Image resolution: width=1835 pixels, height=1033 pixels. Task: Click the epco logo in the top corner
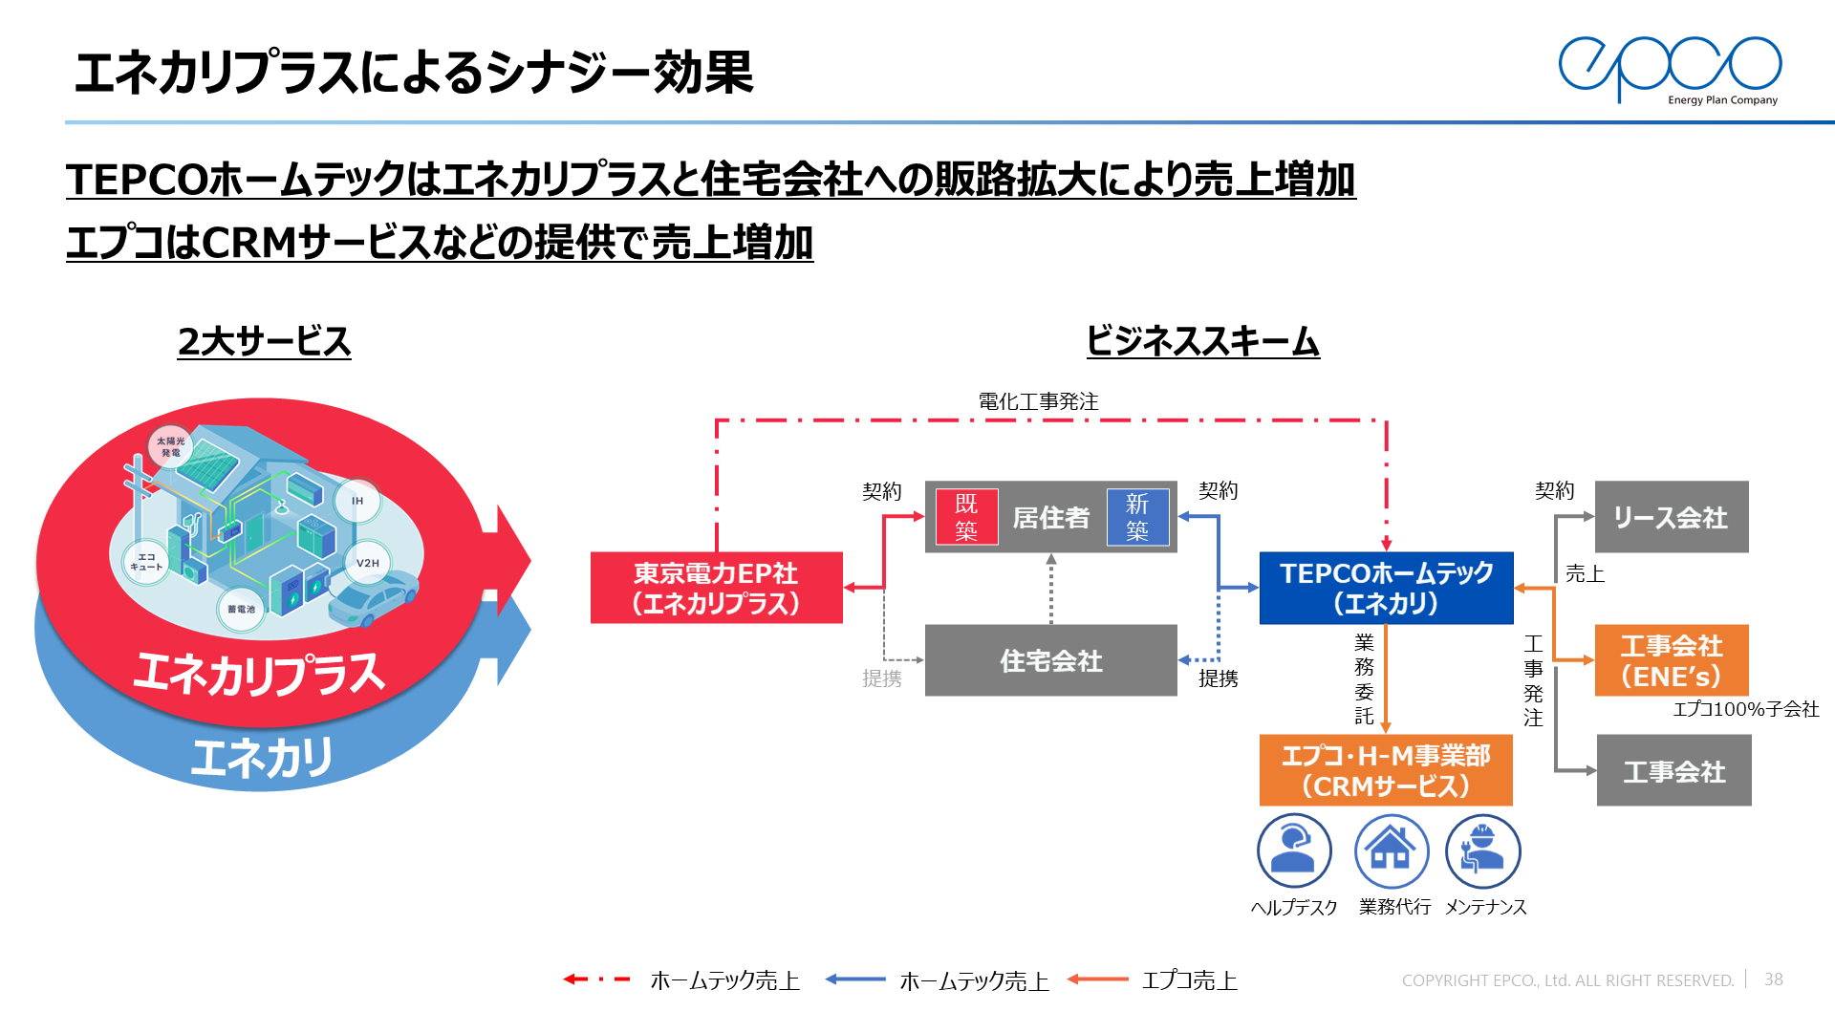[x=1670, y=69]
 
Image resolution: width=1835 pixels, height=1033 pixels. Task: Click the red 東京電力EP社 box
[x=716, y=588]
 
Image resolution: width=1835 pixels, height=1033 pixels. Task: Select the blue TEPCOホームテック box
[x=1386, y=588]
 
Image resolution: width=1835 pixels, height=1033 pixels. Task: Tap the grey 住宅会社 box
[x=1050, y=660]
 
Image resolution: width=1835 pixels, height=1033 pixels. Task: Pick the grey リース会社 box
[x=1671, y=517]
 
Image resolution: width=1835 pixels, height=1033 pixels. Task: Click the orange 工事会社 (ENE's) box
[x=1671, y=660]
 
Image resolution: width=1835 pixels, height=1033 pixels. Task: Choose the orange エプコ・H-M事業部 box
[x=1385, y=770]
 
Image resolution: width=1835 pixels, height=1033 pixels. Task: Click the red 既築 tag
[x=966, y=517]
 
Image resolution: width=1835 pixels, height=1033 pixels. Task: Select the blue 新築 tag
[x=1137, y=517]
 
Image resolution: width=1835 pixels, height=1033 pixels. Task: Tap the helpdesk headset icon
[x=1294, y=850]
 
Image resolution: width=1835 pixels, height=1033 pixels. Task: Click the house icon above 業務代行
[x=1392, y=850]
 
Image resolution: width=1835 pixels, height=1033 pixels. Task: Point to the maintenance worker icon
[x=1482, y=850]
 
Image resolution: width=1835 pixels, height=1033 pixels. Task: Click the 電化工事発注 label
[x=1038, y=401]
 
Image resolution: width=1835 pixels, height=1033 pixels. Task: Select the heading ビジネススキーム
[x=1202, y=341]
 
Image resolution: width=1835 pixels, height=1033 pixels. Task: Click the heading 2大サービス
[x=265, y=341]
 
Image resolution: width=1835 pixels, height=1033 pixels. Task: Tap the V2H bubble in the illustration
[x=368, y=563]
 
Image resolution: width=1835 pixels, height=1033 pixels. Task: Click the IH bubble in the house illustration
[x=357, y=501]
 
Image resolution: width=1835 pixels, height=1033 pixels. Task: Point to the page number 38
[x=1773, y=979]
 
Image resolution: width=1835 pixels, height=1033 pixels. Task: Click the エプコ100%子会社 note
[x=1745, y=709]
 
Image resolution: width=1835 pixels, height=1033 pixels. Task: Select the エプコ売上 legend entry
[x=1189, y=980]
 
